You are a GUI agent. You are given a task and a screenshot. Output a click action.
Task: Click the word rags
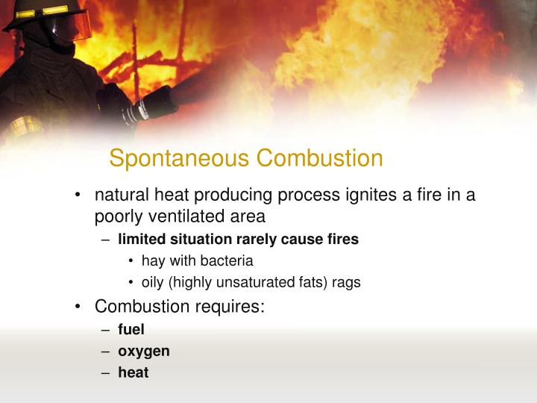[x=347, y=283]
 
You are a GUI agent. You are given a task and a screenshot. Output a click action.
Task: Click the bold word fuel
[x=131, y=329]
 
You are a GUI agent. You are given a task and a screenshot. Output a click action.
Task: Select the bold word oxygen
[x=144, y=351]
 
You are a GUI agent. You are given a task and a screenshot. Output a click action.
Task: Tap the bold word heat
[x=134, y=372]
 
